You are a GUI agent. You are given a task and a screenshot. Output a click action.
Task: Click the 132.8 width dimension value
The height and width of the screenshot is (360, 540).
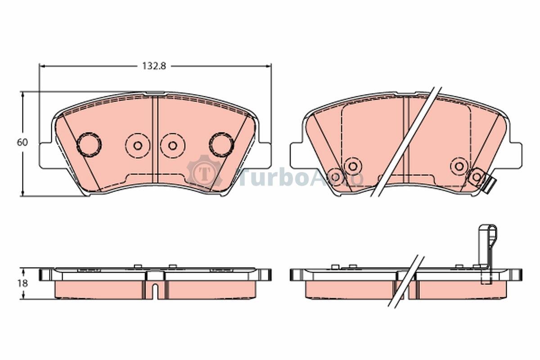[154, 66]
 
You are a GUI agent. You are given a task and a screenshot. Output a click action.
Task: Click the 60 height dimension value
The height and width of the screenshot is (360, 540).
[22, 143]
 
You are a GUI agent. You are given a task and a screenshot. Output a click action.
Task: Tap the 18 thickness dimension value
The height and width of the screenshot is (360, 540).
[22, 283]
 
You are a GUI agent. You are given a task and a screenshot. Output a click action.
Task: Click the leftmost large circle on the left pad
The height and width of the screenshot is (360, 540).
[89, 145]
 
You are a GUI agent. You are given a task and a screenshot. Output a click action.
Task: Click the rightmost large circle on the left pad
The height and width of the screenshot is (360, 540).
[221, 145]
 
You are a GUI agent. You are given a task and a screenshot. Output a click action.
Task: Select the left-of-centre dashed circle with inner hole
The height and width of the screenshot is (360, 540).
[138, 146]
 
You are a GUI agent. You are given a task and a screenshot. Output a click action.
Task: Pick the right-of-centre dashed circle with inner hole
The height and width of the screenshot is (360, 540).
[173, 146]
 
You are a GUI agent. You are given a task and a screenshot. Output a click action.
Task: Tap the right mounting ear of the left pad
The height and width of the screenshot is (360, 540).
[265, 156]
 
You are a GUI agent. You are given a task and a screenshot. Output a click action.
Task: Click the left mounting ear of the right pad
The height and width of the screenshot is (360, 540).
[296, 156]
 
